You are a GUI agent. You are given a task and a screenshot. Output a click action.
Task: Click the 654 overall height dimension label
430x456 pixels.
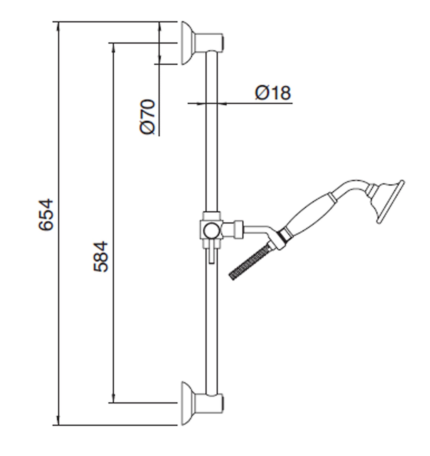[x=46, y=214]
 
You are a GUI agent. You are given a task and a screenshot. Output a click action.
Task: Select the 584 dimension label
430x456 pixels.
[x=100, y=256]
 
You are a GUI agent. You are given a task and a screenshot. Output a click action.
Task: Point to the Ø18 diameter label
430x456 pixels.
[x=273, y=93]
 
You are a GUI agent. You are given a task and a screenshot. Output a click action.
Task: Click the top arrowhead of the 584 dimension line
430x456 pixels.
[x=113, y=47]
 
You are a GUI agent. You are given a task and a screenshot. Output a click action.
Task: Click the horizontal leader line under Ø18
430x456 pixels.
[x=240, y=103]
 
